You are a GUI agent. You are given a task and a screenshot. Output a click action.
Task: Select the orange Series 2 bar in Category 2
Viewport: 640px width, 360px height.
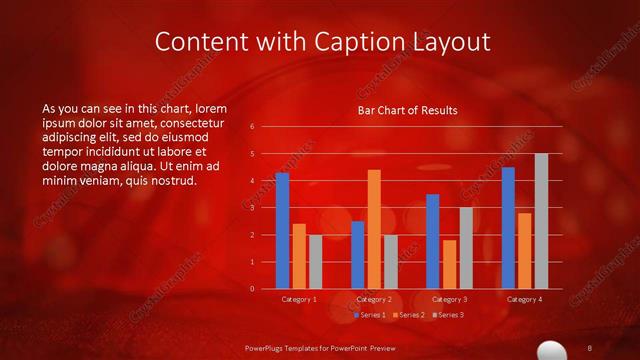pyautogui.click(x=374, y=229)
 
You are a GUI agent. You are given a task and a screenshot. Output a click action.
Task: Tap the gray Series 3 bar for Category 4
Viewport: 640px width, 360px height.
pyautogui.click(x=541, y=221)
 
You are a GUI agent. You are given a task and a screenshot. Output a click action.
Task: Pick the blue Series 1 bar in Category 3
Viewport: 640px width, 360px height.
pyautogui.click(x=432, y=241)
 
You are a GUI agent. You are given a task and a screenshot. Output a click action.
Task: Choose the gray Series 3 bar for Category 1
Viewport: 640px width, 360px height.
pyautogui.click(x=315, y=262)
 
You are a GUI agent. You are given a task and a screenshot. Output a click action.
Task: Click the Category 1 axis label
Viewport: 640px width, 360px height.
pyautogui.click(x=298, y=299)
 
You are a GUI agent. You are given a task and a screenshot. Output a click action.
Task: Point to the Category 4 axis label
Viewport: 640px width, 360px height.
pyautogui.click(x=524, y=299)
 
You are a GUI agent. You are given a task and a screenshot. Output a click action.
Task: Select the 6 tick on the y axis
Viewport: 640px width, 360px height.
pyautogui.click(x=252, y=126)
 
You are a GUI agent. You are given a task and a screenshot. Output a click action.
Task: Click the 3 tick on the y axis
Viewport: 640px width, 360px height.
pyautogui.click(x=252, y=208)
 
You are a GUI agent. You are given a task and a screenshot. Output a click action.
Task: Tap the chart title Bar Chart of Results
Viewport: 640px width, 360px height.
pyautogui.click(x=407, y=110)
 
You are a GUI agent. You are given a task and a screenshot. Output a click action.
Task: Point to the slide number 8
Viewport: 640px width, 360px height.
pyautogui.click(x=591, y=346)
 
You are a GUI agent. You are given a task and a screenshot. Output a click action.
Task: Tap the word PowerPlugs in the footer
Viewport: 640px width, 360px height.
pyautogui.click(x=270, y=346)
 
